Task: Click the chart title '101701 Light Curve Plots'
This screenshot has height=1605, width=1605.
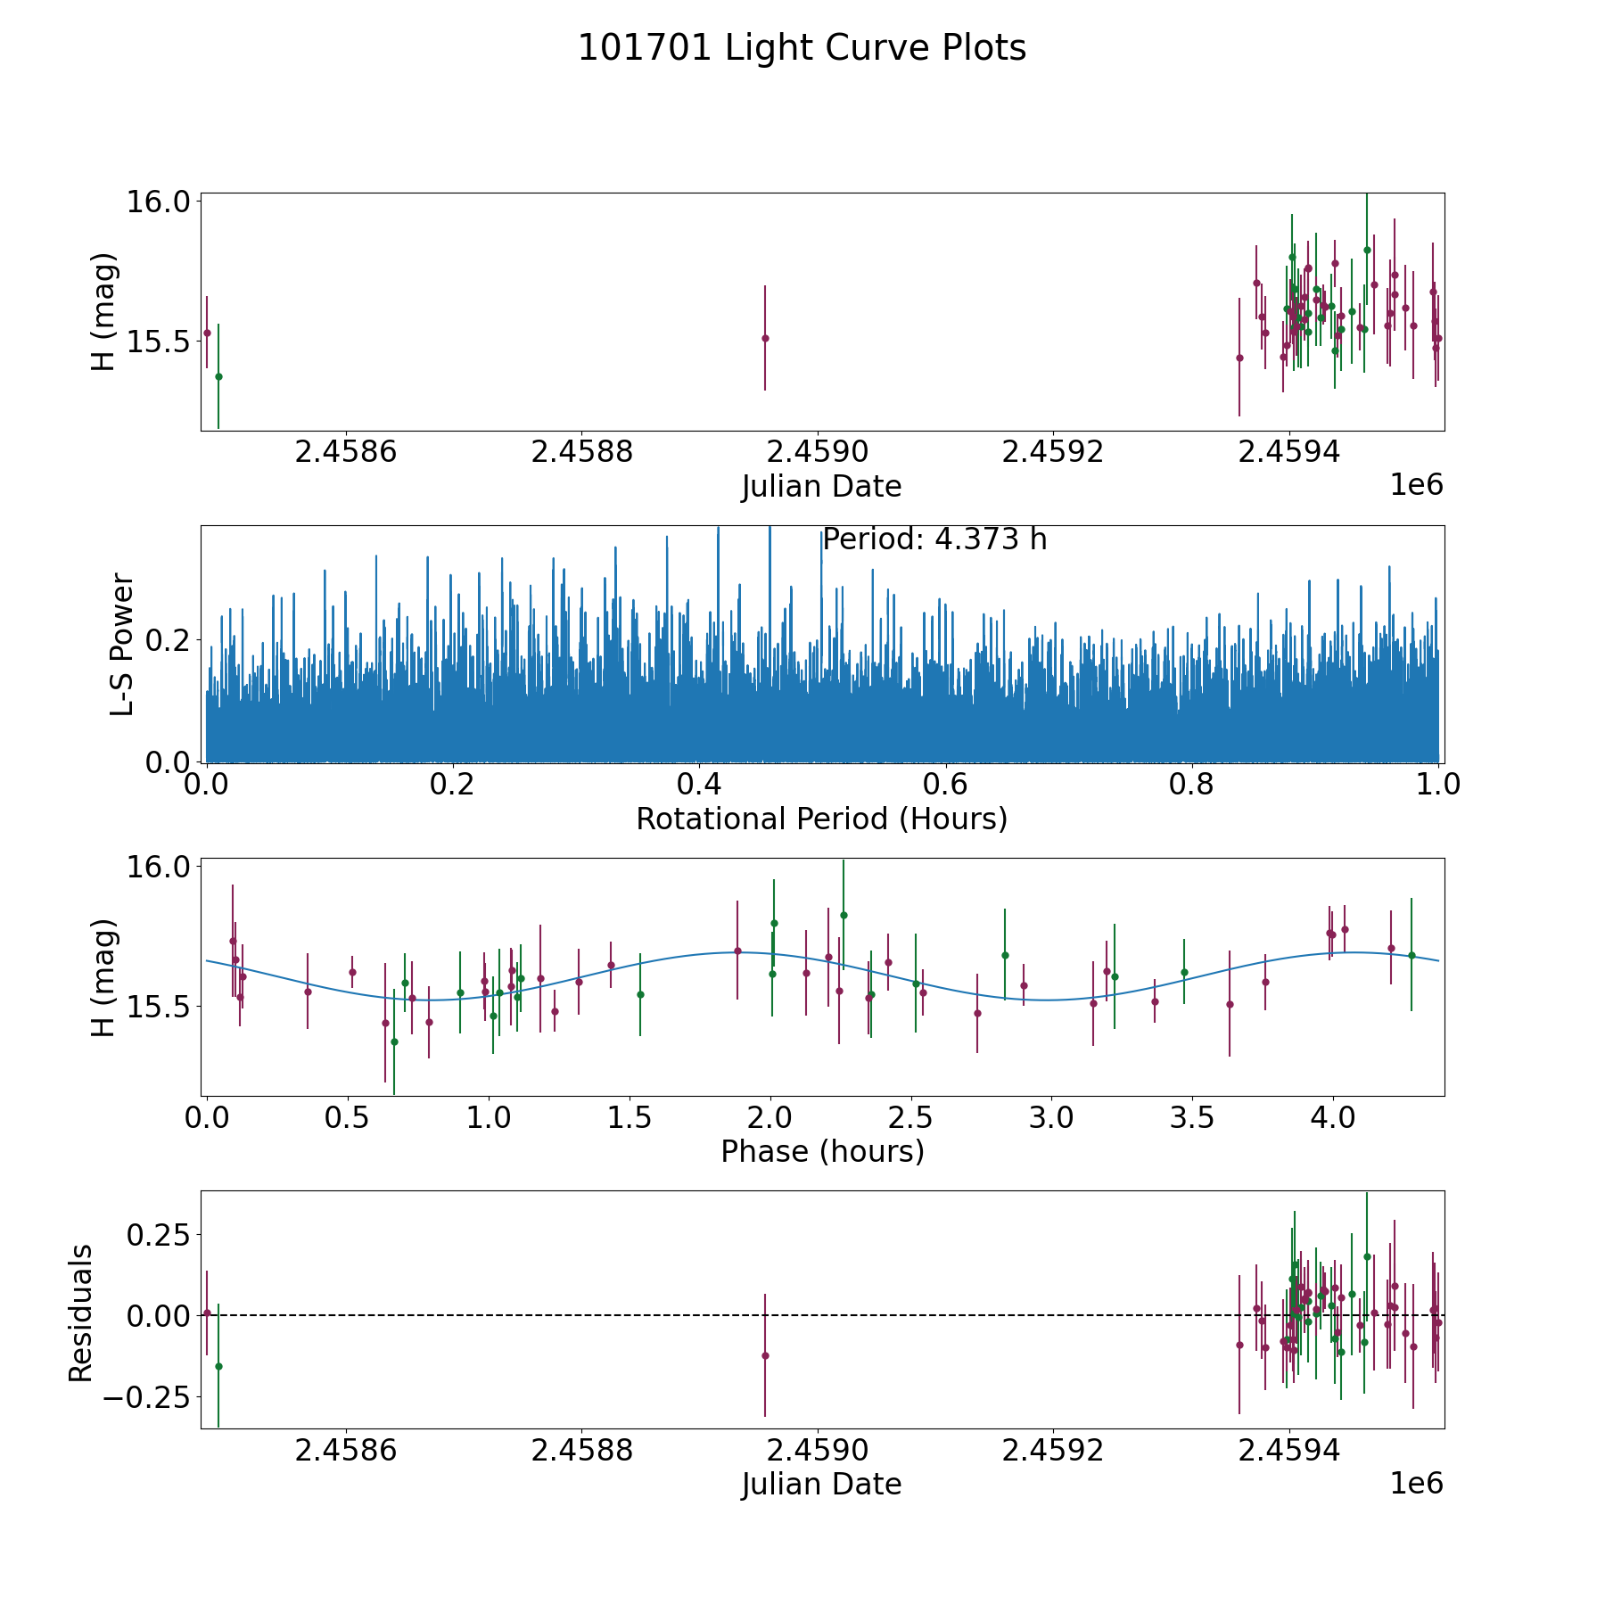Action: coord(802,48)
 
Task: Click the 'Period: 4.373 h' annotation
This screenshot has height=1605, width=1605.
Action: coord(934,539)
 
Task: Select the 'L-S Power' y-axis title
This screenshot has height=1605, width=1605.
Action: coord(122,645)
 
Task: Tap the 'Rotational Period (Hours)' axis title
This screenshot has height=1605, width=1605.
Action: coord(821,819)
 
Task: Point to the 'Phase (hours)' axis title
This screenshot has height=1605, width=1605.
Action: coord(822,1152)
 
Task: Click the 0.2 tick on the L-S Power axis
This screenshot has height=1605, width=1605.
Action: coord(169,639)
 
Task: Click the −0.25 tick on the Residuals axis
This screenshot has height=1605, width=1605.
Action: coord(147,1396)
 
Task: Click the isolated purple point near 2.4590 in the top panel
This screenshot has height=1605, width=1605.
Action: coord(765,338)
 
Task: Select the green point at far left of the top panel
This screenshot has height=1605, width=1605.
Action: coord(218,376)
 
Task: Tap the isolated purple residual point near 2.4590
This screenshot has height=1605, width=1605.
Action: coord(765,1355)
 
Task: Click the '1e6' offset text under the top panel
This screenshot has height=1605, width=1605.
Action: coord(1417,485)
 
